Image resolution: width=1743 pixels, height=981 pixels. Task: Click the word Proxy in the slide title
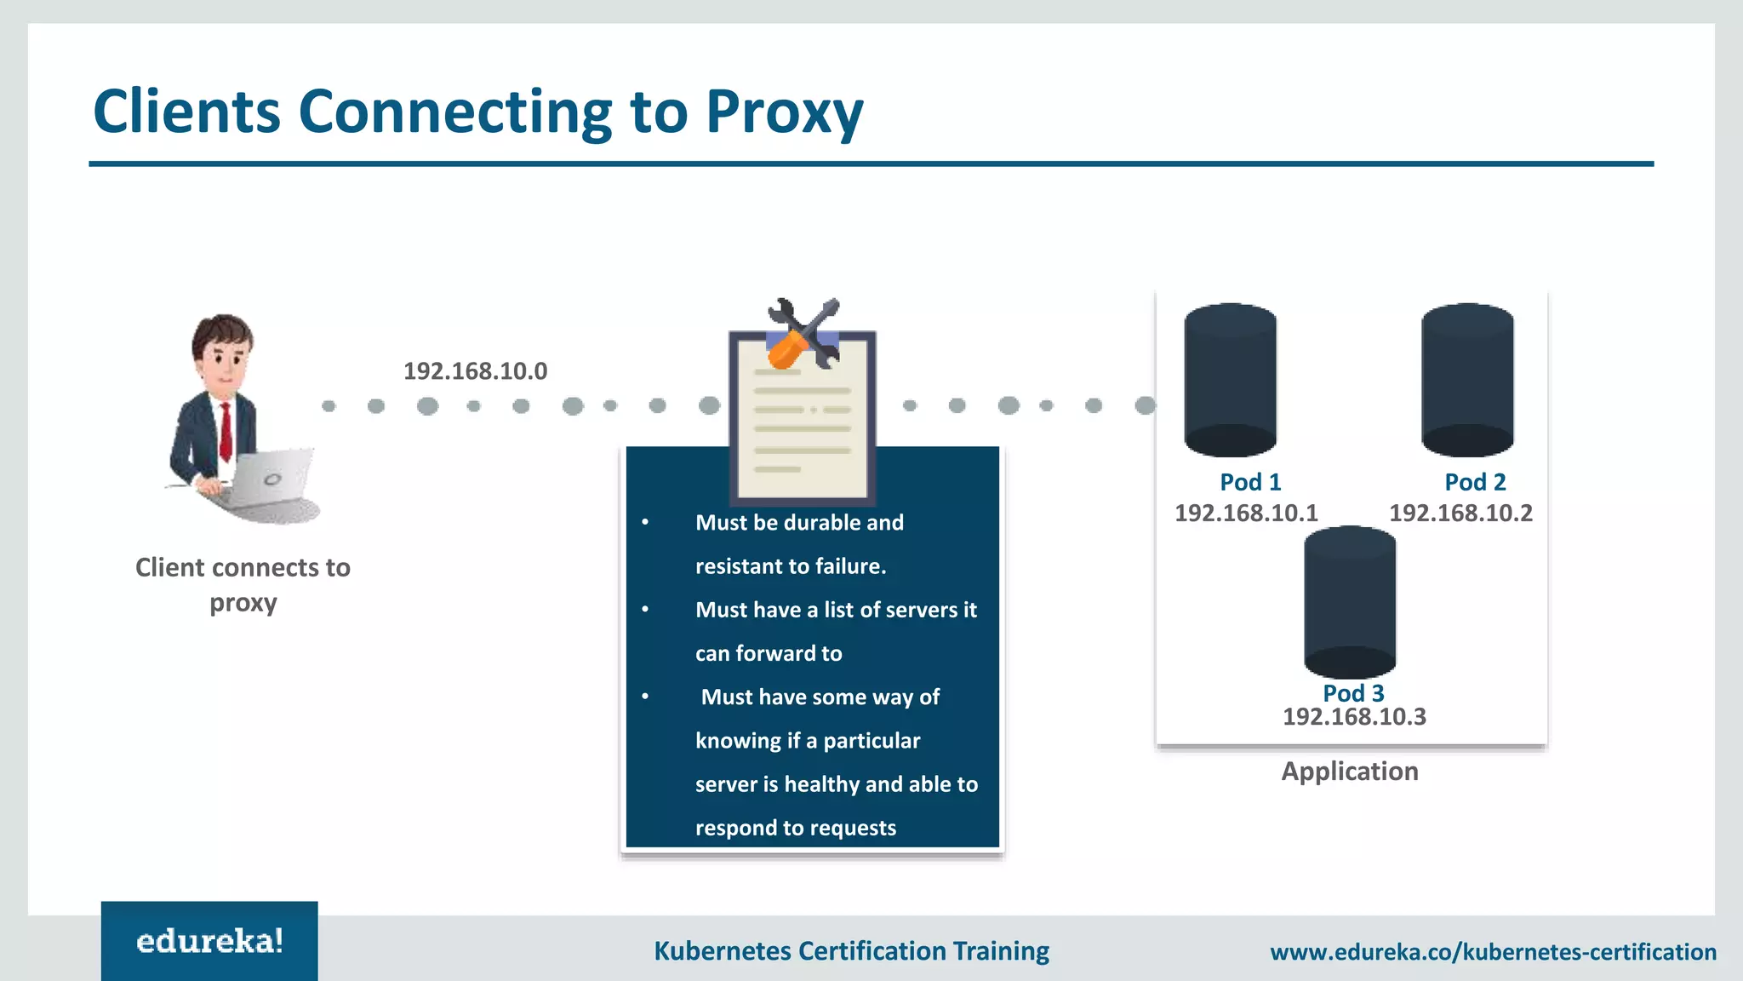[x=784, y=113]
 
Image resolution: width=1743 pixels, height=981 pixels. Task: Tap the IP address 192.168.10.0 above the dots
[x=475, y=371]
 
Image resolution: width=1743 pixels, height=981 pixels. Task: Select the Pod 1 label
[x=1249, y=482]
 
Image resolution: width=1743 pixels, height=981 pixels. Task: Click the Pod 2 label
[x=1475, y=482]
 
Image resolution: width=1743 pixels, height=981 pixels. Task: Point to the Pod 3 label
[x=1353, y=692]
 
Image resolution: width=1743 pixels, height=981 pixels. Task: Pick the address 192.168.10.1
[x=1246, y=513]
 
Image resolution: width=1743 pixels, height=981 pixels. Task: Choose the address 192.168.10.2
[x=1460, y=513]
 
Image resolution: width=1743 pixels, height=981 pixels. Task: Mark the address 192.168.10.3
[x=1354, y=716]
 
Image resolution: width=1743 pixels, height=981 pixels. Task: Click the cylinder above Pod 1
[x=1230, y=380]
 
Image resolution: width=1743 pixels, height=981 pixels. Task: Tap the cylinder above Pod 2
[x=1467, y=380]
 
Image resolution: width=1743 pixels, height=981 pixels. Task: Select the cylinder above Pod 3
[x=1350, y=602]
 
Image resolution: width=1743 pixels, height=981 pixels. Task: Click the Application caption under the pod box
[x=1350, y=771]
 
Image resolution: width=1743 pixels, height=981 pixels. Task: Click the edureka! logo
[x=209, y=941]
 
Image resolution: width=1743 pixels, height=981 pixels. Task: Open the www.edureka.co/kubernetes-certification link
[x=1493, y=951]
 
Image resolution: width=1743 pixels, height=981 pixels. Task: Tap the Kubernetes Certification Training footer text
[x=851, y=950]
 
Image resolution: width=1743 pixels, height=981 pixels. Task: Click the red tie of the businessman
[x=226, y=430]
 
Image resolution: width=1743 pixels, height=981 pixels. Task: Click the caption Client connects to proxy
[x=243, y=584]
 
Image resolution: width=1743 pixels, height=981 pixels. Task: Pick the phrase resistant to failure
[x=790, y=566]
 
